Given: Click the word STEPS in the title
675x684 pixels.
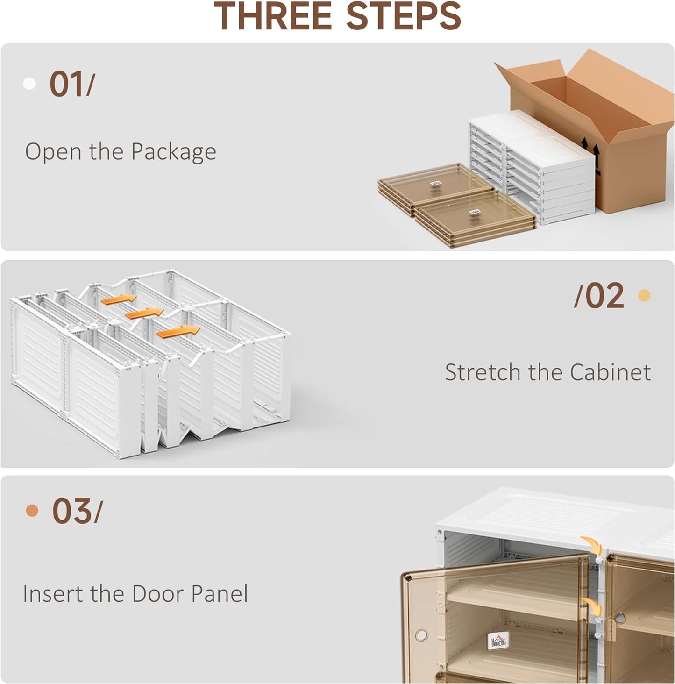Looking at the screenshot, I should (404, 17).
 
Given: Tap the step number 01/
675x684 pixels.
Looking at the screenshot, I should (71, 85).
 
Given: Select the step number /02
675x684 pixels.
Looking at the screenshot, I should (599, 296).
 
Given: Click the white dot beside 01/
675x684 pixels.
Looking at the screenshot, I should (29, 84).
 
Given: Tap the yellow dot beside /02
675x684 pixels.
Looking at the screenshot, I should (644, 295).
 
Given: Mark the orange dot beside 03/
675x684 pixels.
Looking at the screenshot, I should (32, 511).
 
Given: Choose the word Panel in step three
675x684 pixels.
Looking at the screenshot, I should (220, 594).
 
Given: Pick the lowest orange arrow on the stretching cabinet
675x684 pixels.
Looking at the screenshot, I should (178, 332).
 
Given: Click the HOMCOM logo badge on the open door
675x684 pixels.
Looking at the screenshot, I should (498, 640).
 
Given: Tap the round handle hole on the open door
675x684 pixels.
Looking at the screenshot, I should (421, 635).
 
